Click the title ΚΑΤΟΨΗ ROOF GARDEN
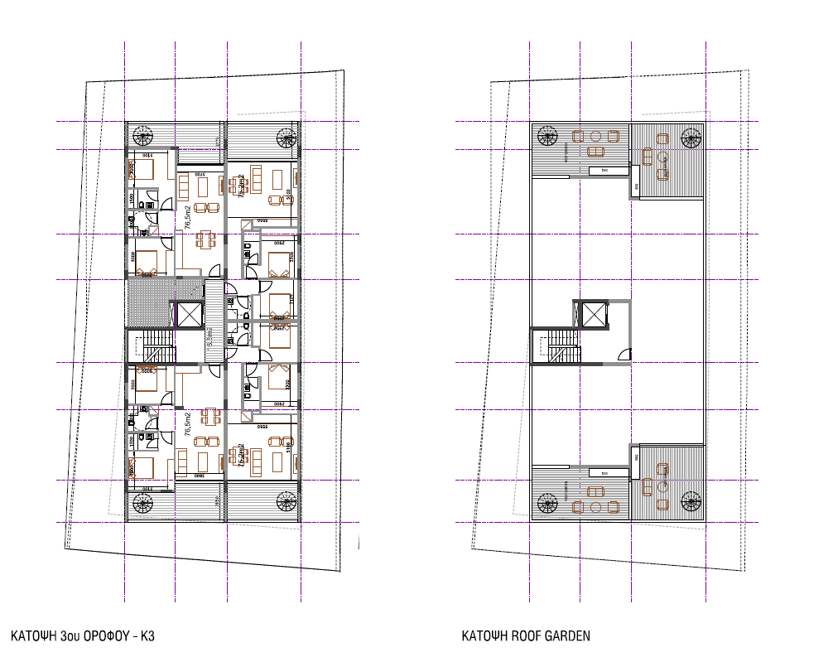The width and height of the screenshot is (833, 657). click(x=526, y=636)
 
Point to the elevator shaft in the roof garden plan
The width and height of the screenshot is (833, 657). click(x=595, y=315)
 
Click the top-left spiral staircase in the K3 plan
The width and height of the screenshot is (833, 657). click(x=143, y=135)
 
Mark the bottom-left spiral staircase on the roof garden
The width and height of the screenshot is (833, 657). click(x=547, y=502)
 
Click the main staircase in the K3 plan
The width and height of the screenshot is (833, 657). click(x=156, y=344)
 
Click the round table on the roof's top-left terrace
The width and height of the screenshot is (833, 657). click(x=595, y=137)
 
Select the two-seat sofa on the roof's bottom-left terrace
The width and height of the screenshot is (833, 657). click(x=595, y=506)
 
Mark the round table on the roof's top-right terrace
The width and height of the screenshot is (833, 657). click(x=661, y=156)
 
